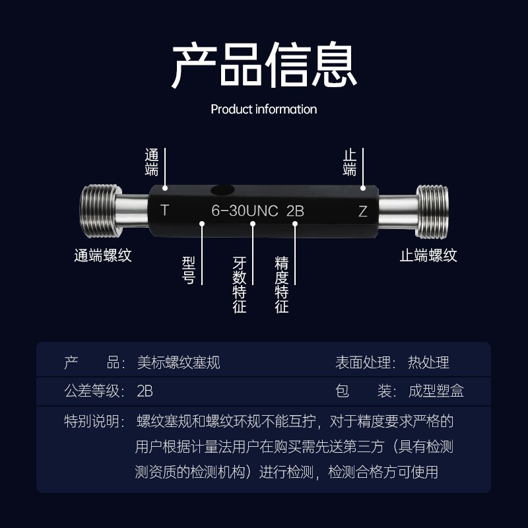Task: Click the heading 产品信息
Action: tap(264, 65)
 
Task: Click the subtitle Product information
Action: tap(264, 109)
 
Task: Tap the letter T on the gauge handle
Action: tap(165, 211)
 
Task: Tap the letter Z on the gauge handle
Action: tap(362, 212)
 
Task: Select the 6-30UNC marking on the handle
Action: tap(244, 212)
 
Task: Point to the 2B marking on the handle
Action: tap(295, 212)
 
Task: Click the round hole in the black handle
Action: tap(222, 191)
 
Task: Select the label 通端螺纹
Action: tap(102, 255)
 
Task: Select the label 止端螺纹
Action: tap(428, 255)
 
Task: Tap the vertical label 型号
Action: tap(188, 271)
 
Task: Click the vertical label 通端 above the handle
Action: tap(152, 162)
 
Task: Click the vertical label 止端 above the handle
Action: tap(350, 162)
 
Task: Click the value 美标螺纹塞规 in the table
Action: tap(178, 362)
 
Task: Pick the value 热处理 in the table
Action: tap(428, 362)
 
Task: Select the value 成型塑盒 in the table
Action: tap(436, 391)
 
